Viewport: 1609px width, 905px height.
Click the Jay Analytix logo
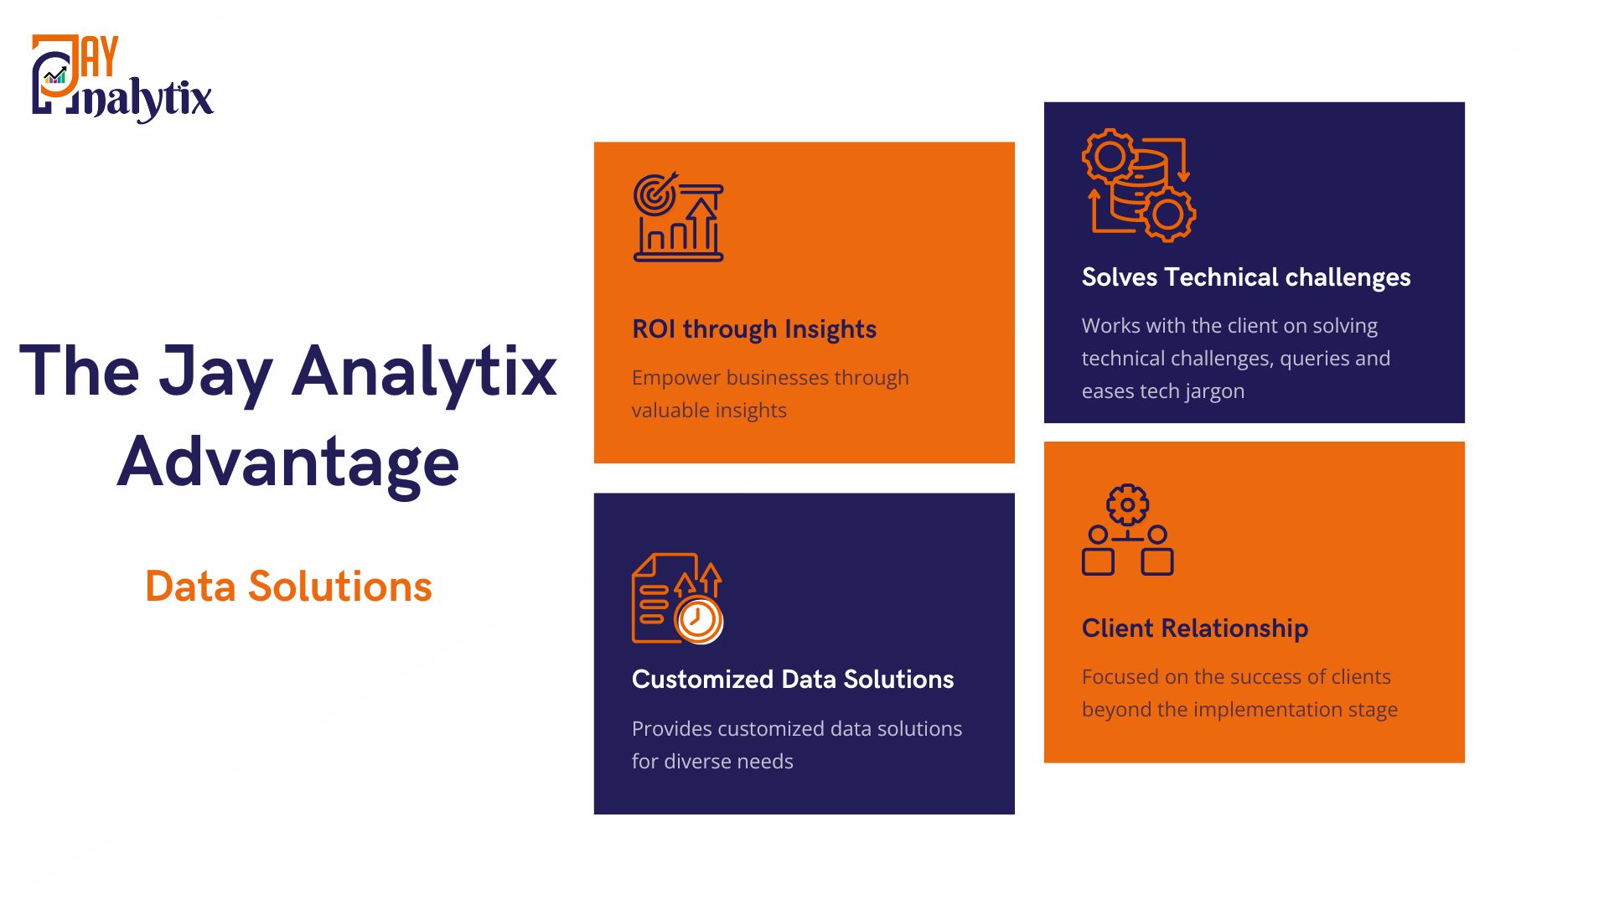122,78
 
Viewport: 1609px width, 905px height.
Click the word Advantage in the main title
288,463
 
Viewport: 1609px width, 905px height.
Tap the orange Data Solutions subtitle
288,586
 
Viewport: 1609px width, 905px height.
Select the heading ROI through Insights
754,329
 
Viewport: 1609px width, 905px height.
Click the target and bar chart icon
678,217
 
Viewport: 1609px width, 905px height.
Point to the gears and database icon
1139,185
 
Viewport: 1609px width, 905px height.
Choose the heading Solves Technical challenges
1246,277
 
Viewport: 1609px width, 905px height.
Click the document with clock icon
677,598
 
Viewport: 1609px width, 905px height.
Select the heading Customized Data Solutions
793,679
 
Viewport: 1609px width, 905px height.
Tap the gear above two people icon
1127,530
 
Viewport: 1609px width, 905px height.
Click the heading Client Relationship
1195,628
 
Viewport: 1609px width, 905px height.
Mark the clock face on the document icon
698,620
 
